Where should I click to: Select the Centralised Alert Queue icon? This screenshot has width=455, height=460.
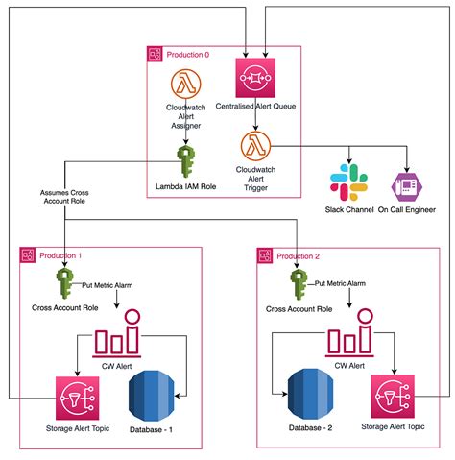point(252,76)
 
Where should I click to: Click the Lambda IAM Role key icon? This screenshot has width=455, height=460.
point(184,156)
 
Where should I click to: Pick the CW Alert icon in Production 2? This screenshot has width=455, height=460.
point(349,341)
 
